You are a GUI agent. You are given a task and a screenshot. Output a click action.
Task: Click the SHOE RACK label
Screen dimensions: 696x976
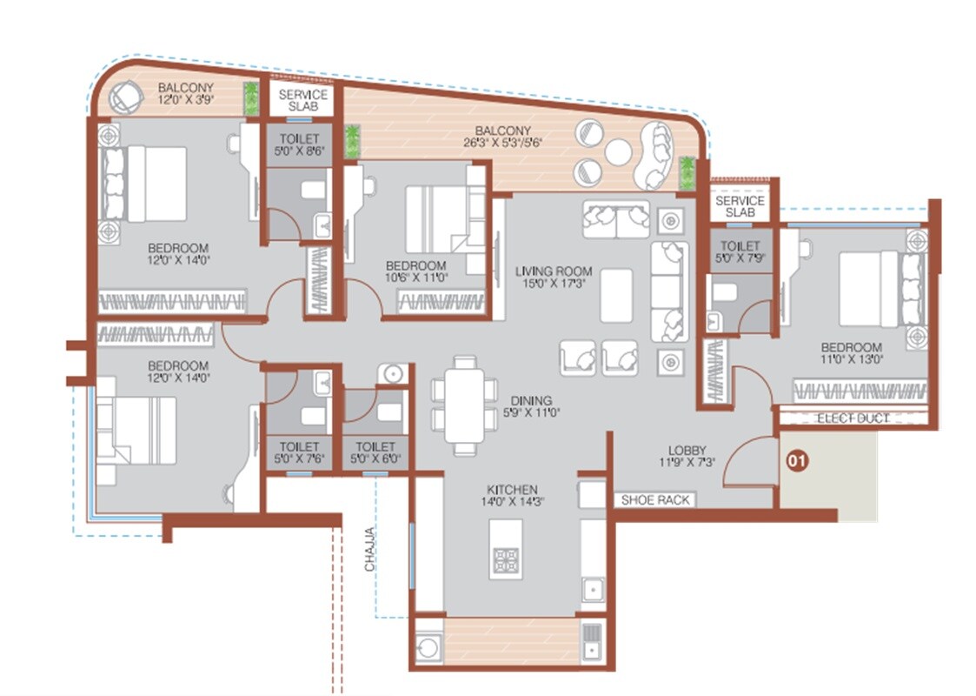pyautogui.click(x=656, y=499)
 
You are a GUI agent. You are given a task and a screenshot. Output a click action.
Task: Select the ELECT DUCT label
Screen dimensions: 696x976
pyautogui.click(x=853, y=418)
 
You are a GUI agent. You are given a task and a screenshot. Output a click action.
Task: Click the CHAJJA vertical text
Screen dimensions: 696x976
pyautogui.click(x=369, y=548)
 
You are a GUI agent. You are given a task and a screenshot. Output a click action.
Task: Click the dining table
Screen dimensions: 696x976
pyautogui.click(x=465, y=405)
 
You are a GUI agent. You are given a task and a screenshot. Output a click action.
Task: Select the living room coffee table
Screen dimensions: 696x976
pyautogui.click(x=616, y=295)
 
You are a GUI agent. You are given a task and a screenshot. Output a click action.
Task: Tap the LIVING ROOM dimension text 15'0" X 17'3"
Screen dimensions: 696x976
pyautogui.click(x=554, y=284)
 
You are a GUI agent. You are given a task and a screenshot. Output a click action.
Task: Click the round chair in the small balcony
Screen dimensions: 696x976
pyautogui.click(x=125, y=97)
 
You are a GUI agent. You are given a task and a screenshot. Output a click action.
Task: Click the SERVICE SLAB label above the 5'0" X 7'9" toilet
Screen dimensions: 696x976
pyautogui.click(x=740, y=206)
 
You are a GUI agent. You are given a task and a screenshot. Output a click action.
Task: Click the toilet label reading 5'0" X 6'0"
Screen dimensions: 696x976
pyautogui.click(x=375, y=453)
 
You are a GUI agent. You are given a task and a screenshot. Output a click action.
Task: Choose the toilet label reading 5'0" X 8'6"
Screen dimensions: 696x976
pyautogui.click(x=299, y=145)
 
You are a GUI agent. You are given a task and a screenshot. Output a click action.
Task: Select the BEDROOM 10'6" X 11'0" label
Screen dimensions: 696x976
pyautogui.click(x=416, y=271)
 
